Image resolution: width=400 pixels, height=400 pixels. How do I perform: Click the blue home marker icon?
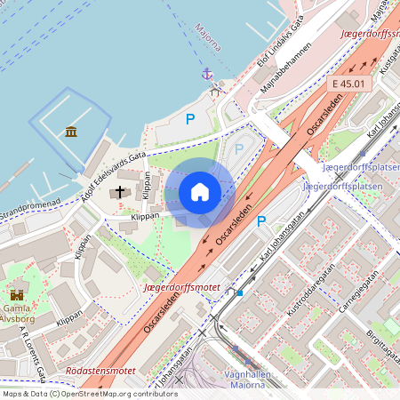point(200,192)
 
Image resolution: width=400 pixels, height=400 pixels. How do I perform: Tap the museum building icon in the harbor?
point(71,132)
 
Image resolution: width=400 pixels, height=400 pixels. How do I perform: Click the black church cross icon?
point(119,192)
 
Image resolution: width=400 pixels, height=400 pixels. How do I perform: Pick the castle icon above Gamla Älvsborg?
point(17,293)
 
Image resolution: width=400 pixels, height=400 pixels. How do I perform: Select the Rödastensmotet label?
point(100,371)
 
